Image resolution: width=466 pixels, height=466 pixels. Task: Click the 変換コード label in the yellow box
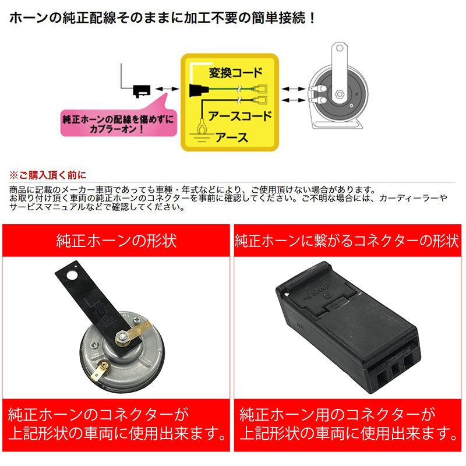tap(236, 73)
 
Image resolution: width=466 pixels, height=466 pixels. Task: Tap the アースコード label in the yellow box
tap(240, 116)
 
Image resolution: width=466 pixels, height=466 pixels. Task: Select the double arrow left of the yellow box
tap(167, 89)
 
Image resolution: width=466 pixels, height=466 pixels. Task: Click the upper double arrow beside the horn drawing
tap(294, 89)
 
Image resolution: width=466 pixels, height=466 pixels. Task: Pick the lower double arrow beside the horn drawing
tap(294, 100)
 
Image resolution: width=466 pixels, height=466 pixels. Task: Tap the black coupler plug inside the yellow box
tap(198, 90)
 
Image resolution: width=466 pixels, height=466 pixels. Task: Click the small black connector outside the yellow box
tap(142, 91)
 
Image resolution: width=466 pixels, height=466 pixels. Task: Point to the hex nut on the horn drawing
tap(340, 94)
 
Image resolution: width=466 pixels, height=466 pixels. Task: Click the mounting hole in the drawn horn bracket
tap(340, 48)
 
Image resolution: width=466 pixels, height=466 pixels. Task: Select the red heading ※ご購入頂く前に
tap(48, 175)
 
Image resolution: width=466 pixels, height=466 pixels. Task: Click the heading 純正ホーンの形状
tap(116, 241)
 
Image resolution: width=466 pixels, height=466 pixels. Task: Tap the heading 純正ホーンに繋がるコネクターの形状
tap(347, 241)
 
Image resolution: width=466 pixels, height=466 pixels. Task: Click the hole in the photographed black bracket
tap(72, 275)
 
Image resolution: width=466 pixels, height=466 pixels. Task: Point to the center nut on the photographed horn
tap(122, 337)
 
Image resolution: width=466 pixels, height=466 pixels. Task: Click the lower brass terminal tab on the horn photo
tap(100, 370)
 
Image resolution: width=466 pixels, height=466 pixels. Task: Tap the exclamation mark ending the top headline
tap(312, 19)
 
